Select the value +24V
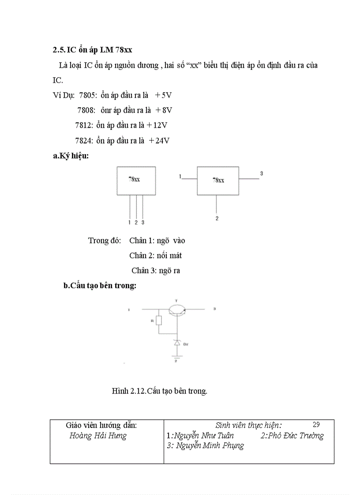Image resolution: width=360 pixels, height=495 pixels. [159, 141]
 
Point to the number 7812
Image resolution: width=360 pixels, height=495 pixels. [84, 125]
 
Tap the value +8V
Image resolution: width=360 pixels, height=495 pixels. [164, 110]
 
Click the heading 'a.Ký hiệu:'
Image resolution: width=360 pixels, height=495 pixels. [71, 156]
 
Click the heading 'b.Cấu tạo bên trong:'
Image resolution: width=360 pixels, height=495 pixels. [100, 286]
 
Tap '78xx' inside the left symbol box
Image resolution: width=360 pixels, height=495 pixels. [135, 180]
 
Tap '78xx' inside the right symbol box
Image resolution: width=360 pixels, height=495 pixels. [218, 180]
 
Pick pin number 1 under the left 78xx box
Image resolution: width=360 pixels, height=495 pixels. [129, 223]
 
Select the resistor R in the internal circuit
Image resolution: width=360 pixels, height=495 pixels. [159, 320]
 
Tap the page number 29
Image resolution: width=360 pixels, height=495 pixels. [316, 425]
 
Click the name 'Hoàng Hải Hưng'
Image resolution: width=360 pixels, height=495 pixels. [98, 436]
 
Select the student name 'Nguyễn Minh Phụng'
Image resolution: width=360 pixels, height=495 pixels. [210, 446]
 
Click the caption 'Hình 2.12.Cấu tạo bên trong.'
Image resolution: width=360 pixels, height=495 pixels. [159, 391]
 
